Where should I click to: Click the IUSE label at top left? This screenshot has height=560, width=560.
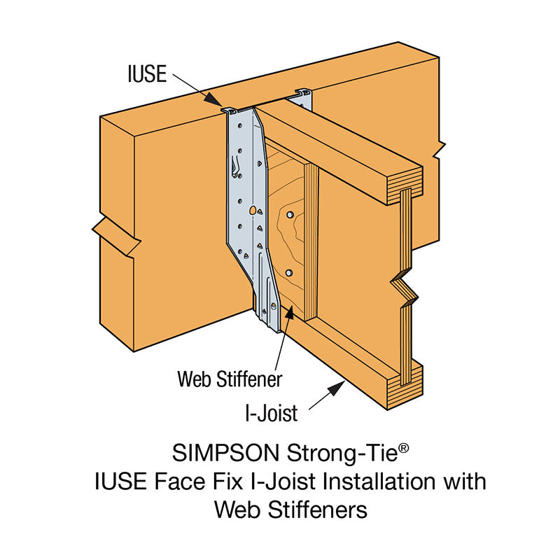coord(146,73)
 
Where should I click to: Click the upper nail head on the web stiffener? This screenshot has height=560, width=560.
coord(288,210)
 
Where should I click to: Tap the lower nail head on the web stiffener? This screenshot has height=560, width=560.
coord(288,272)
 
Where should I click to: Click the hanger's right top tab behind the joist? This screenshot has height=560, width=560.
coord(302,92)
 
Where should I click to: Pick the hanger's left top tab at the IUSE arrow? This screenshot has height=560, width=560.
coord(229,110)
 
